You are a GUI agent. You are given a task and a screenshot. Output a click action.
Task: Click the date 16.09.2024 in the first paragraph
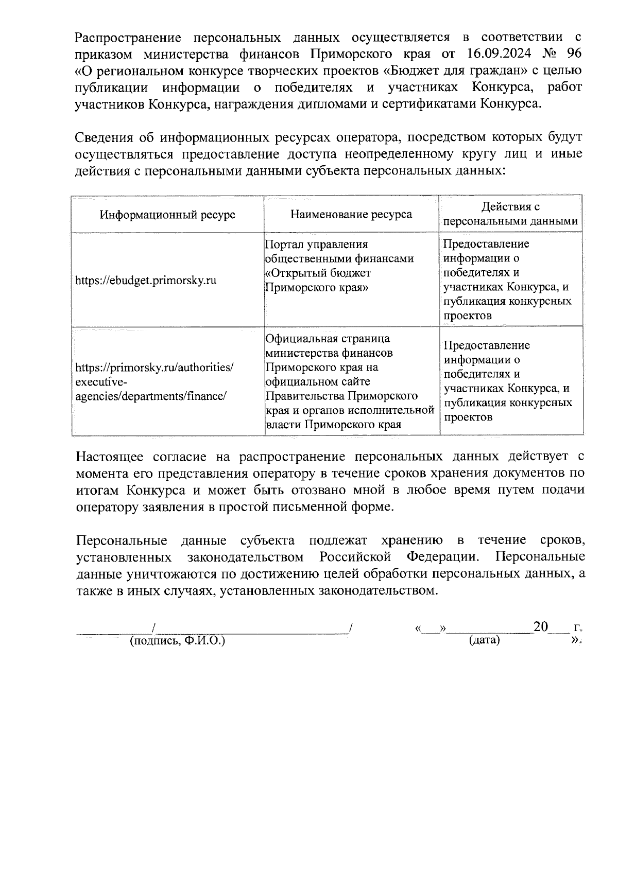coord(494,54)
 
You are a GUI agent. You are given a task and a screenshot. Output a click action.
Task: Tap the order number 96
coord(573,54)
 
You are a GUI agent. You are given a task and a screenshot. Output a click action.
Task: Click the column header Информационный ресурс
coord(167,214)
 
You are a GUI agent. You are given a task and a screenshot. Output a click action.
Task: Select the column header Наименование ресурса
coord(351,214)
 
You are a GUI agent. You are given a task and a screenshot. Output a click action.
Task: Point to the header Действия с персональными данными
coord(510,214)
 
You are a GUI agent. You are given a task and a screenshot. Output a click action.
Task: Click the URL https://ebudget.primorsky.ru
coord(146,280)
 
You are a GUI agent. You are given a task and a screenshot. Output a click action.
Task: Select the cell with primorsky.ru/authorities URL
coord(154,381)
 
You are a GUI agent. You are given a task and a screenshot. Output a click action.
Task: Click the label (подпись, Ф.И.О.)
coord(178,640)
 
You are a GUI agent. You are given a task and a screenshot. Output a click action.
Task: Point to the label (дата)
coord(484,640)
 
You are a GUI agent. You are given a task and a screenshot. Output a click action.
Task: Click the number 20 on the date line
coord(541,626)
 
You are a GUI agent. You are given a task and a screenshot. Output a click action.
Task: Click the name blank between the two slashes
coord(252,629)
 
